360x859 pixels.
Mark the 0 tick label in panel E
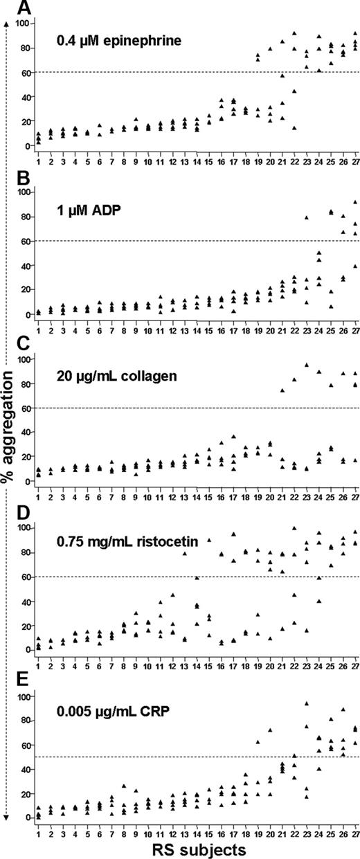point(26,817)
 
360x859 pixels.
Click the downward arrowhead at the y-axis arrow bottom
point(6,818)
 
